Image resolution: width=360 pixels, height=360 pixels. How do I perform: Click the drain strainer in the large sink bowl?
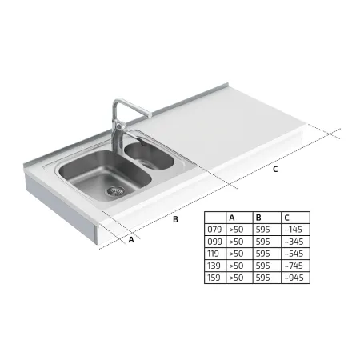pos(115,190)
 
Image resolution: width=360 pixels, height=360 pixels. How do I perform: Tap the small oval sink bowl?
pos(149,156)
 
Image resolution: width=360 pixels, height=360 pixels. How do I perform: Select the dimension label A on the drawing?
pos(131,239)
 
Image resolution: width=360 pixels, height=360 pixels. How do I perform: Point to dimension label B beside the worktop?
pos(175,219)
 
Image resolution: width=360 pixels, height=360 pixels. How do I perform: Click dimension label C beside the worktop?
pos(275,169)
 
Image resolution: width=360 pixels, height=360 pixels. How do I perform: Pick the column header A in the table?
pos(232,218)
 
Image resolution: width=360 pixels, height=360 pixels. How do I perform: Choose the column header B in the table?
pos(258,218)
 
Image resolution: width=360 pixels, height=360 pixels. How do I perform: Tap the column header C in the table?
pos(286,218)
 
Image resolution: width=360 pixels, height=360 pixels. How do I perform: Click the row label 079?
pos(214,230)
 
